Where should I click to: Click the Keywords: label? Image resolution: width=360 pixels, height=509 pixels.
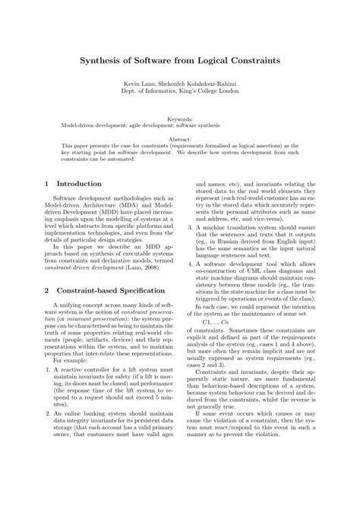click(x=180, y=119)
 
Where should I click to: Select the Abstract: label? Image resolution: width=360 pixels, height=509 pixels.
click(x=180, y=141)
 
